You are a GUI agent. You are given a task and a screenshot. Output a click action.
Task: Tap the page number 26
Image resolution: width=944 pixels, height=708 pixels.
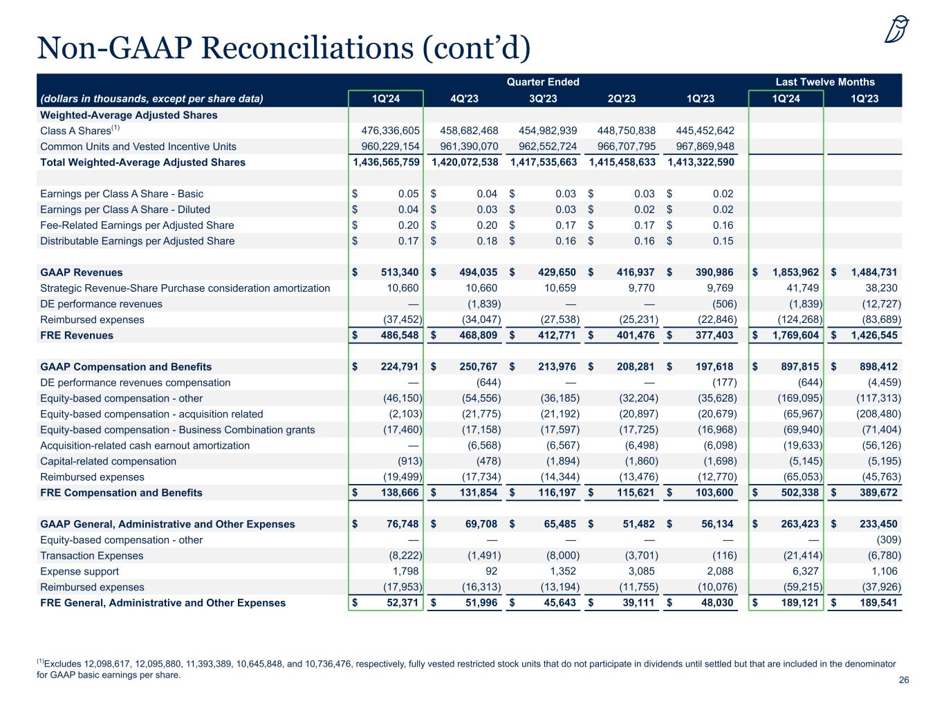click(903, 680)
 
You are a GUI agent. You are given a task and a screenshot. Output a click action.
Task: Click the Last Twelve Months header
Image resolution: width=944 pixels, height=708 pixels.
click(825, 82)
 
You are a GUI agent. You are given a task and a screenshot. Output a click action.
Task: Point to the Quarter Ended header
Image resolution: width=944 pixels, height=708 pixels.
click(543, 82)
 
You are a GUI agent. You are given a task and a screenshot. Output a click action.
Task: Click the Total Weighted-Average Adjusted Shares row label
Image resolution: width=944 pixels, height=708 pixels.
click(142, 162)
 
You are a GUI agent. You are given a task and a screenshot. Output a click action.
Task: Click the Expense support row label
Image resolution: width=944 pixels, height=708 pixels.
click(80, 572)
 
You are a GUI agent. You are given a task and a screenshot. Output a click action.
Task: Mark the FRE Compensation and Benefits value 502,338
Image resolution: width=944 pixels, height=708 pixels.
click(795, 493)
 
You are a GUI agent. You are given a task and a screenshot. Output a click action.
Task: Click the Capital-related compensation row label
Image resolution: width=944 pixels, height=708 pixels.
click(108, 461)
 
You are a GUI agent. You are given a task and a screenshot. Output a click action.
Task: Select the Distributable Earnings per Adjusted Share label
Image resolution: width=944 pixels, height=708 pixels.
click(137, 241)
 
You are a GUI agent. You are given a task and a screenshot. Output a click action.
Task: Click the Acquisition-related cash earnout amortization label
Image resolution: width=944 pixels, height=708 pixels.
click(145, 445)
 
